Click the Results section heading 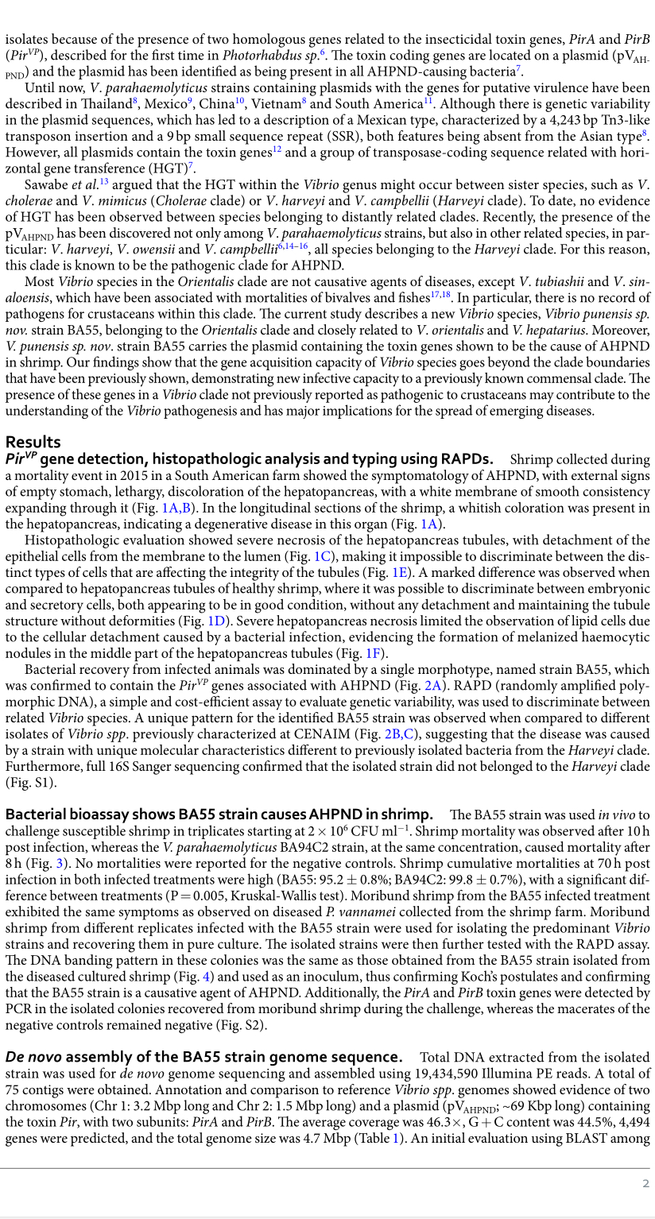[33, 442]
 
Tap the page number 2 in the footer [645, 1184]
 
